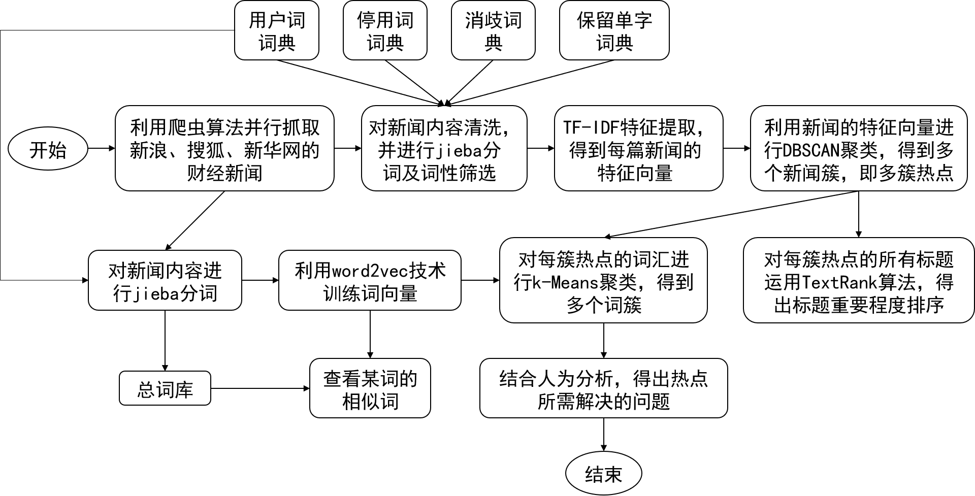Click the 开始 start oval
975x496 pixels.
click(48, 149)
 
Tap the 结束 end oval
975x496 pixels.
click(603, 473)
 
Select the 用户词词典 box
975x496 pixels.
click(276, 30)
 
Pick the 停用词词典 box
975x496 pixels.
click(385, 30)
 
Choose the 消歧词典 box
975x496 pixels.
click(493, 30)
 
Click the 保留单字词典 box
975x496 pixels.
click(614, 30)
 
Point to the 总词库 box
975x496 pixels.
click(165, 388)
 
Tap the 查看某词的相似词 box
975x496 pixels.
click(370, 388)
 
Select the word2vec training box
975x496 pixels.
click(370, 280)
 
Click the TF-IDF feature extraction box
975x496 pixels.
click(638, 148)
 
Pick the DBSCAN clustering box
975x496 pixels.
click(858, 148)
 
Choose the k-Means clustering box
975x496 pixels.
click(603, 280)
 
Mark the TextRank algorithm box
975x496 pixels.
click(858, 280)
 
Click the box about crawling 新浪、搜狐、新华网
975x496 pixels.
click(224, 148)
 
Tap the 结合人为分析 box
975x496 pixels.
click(603, 388)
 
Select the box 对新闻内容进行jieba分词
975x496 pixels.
click(165, 280)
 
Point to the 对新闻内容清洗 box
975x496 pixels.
click(444, 148)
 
